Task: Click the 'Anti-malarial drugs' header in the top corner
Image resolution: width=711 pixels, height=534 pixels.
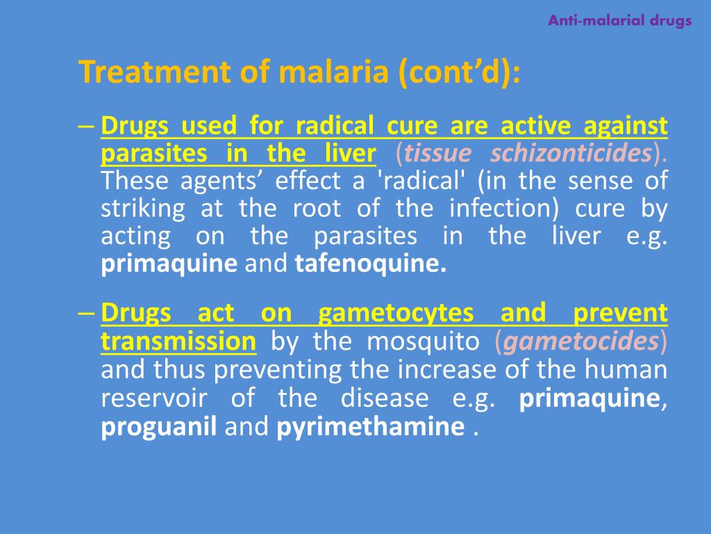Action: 619,20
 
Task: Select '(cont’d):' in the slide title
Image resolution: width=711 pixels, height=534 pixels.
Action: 459,72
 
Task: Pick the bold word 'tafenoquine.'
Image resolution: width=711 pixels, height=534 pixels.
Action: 371,265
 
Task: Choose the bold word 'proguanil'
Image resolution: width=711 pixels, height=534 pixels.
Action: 160,426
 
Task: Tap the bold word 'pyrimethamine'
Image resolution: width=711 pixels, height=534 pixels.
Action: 370,426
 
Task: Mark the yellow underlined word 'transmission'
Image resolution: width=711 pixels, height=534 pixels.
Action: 178,341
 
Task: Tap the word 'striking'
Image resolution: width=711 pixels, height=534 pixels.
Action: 143,209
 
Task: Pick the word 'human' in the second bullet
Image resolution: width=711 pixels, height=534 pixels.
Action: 634,369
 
